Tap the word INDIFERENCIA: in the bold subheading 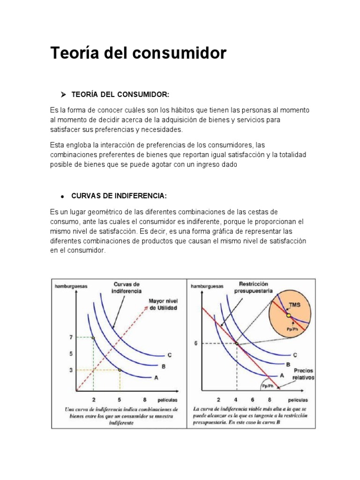(127, 195)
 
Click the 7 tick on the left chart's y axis (70, 337)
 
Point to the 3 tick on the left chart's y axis (70, 370)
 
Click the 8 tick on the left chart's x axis (145, 400)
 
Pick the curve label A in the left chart (157, 377)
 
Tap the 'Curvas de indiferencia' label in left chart (126, 287)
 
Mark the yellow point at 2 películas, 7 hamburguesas (93, 337)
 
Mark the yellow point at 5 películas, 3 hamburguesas (120, 370)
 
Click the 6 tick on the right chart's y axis (196, 343)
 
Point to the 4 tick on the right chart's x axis (236, 400)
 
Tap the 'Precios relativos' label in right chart (303, 374)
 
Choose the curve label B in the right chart (288, 364)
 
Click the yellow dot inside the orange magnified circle (289, 315)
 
